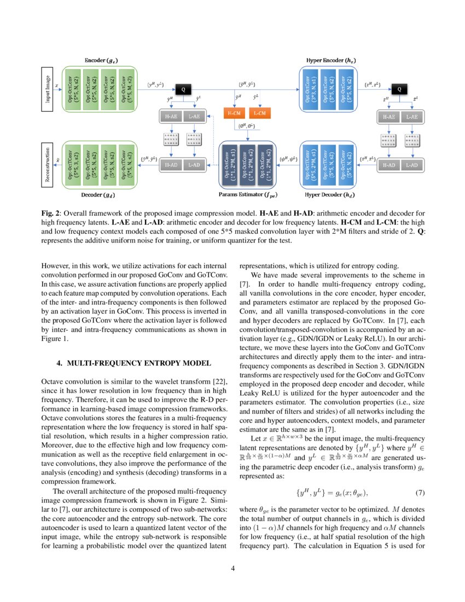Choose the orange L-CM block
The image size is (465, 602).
[260, 115]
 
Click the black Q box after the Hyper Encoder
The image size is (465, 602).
[399, 88]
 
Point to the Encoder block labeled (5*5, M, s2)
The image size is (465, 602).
[126, 88]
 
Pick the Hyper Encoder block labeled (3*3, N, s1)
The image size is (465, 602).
[308, 88]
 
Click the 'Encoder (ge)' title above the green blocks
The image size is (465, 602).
[101, 59]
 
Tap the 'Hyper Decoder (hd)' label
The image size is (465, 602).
[327, 194]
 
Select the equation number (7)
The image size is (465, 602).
[420, 493]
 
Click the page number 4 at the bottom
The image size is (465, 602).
[233, 568]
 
